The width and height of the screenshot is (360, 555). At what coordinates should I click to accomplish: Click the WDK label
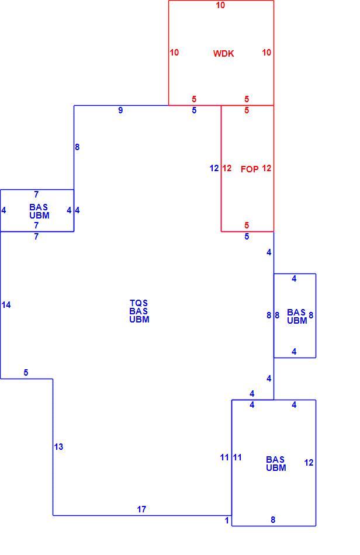(x=223, y=53)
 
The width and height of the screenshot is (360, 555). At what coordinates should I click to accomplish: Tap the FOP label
(x=250, y=169)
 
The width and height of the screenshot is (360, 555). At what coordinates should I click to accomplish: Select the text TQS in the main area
(x=139, y=303)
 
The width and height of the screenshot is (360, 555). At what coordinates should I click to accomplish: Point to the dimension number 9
(x=120, y=110)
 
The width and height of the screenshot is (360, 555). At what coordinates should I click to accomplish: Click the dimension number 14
(x=6, y=305)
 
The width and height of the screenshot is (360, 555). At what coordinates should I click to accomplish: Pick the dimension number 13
(x=59, y=447)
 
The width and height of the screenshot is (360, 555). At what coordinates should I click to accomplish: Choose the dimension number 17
(x=141, y=509)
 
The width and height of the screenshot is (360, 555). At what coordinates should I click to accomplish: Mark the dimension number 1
(x=227, y=521)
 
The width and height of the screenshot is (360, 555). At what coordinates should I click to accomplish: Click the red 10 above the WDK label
(x=220, y=5)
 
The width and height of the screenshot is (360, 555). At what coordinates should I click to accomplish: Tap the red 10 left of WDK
(x=174, y=53)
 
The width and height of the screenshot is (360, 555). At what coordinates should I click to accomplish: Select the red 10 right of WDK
(x=266, y=53)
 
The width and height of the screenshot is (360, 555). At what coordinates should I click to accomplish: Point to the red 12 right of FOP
(x=266, y=168)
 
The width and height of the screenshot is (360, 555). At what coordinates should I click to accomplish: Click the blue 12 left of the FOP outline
(x=214, y=168)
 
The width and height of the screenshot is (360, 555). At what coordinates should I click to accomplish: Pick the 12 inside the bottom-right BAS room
(x=309, y=463)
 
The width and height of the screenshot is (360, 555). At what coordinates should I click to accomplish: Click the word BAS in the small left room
(x=39, y=207)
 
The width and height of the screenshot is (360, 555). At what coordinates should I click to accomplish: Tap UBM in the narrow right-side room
(x=297, y=321)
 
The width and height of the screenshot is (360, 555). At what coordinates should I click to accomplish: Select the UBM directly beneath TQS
(x=139, y=319)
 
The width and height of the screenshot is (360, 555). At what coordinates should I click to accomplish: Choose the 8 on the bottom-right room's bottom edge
(x=273, y=520)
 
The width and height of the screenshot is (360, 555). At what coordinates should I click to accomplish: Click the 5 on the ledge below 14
(x=26, y=373)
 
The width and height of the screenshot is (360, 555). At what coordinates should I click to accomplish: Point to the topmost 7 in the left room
(x=36, y=195)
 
